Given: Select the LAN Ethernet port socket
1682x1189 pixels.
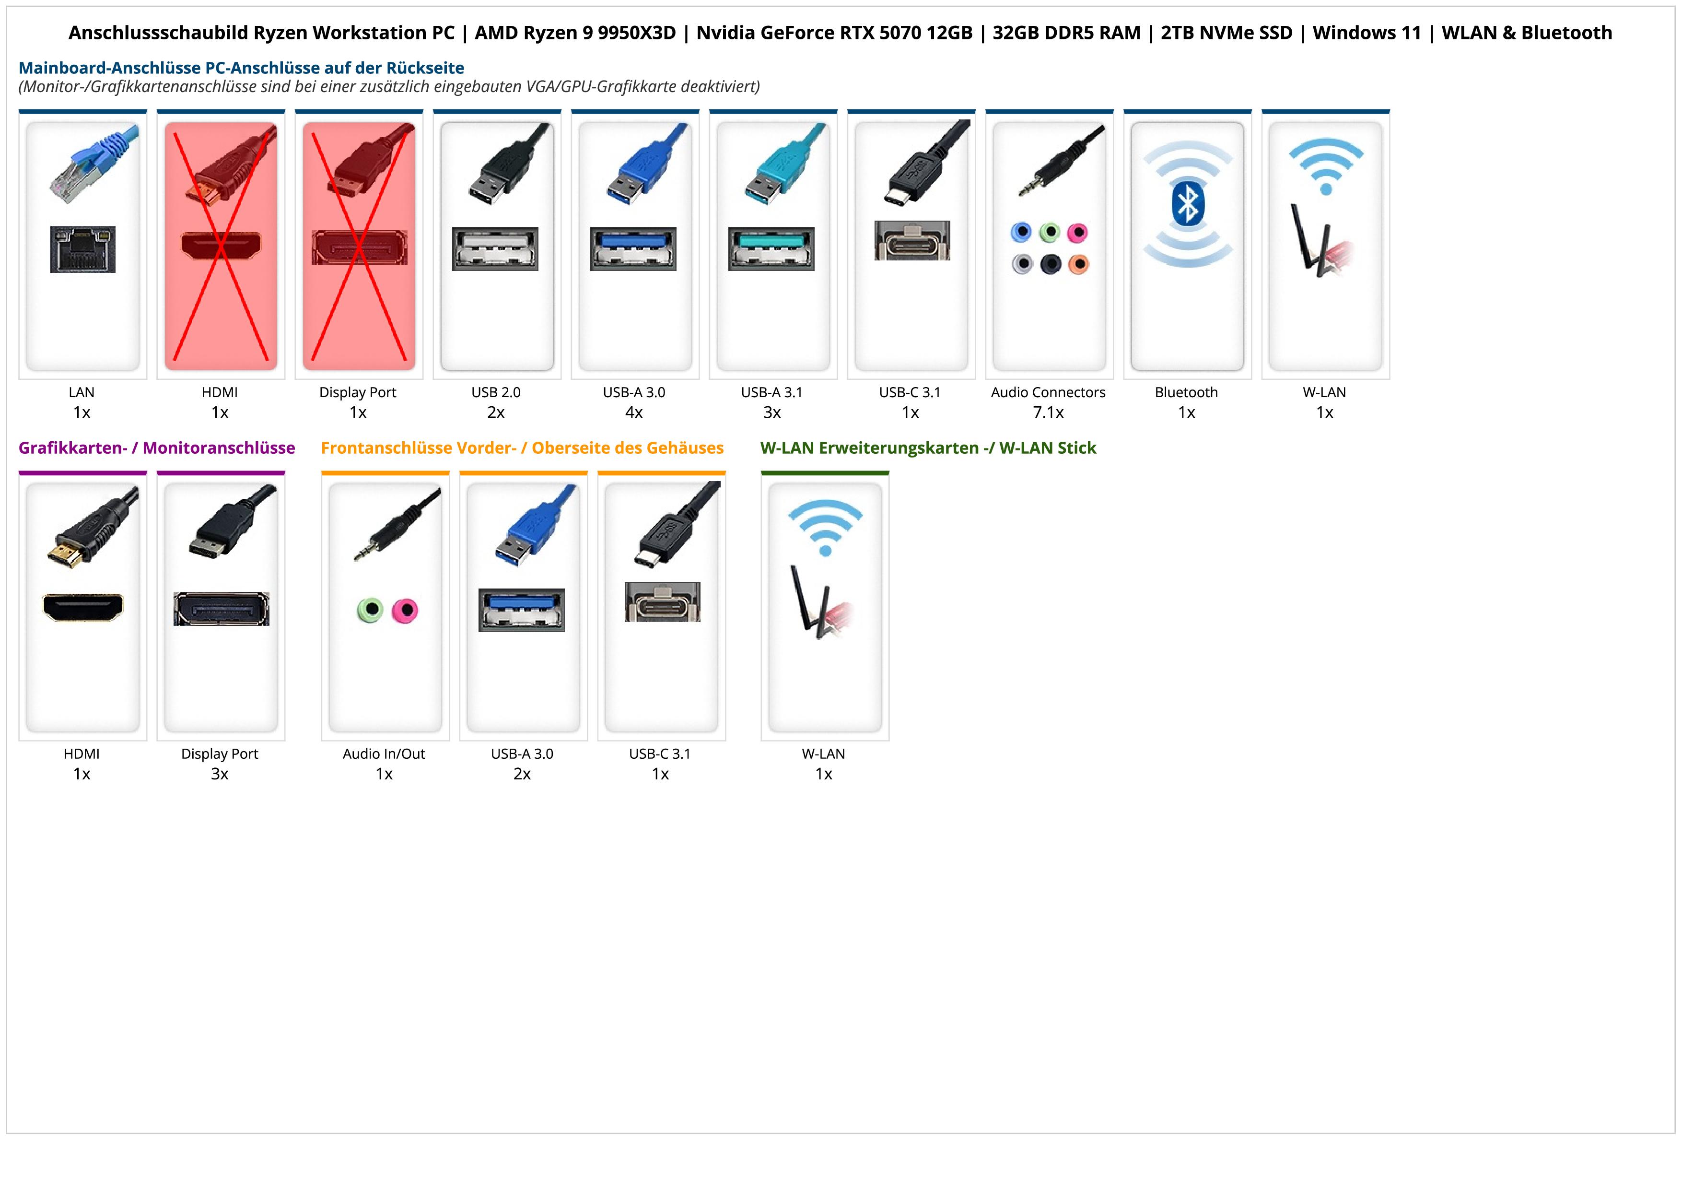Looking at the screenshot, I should (x=83, y=249).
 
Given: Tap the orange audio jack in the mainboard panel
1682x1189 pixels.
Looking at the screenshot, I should (x=1078, y=264).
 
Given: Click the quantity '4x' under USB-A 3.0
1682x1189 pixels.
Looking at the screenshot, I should (x=634, y=412).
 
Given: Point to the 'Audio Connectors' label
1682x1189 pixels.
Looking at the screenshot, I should (x=1048, y=392).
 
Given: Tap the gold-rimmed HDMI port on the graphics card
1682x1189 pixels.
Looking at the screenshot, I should (x=83, y=607).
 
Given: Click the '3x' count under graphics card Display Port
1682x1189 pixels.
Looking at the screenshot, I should (x=220, y=774).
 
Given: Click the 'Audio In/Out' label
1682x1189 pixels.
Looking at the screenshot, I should (x=384, y=754).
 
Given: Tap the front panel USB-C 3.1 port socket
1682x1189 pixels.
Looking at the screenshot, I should (x=662, y=602).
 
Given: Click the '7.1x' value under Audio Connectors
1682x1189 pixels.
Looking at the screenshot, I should (x=1048, y=412).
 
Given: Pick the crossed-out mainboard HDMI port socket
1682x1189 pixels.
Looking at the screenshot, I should (x=221, y=246).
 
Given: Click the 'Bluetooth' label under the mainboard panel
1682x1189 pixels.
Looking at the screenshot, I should (x=1186, y=392).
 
